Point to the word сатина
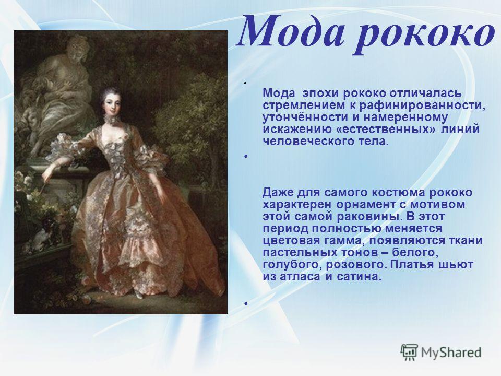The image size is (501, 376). tap(359, 277)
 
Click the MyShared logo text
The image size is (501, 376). tap(451, 352)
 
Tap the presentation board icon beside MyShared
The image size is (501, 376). tap(409, 352)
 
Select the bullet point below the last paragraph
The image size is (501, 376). tap(246, 303)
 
